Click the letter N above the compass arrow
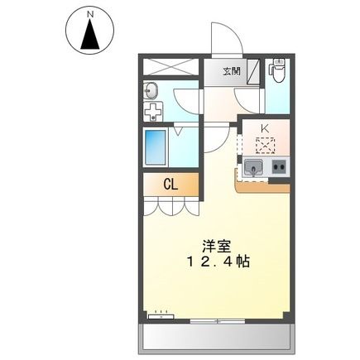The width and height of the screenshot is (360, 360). tap(90, 14)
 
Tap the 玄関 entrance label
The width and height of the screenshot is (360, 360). tap(232, 71)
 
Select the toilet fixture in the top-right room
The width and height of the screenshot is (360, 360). tap(279, 70)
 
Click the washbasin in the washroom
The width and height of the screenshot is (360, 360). tap(151, 91)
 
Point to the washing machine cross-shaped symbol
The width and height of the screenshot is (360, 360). tap(153, 111)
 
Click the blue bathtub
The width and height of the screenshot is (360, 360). tap(155, 147)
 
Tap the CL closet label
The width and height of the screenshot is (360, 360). tap(170, 185)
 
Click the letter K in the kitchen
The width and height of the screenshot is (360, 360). tap(265, 128)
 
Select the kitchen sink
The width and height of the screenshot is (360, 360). tap(253, 168)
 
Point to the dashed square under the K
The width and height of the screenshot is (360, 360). tap(266, 145)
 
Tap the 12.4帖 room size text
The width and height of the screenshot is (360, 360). tap(218, 262)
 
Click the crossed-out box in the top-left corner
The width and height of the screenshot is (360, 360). tap(171, 66)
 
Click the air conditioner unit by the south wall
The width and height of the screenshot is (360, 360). tap(161, 316)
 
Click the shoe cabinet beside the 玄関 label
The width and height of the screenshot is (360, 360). tap(253, 71)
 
